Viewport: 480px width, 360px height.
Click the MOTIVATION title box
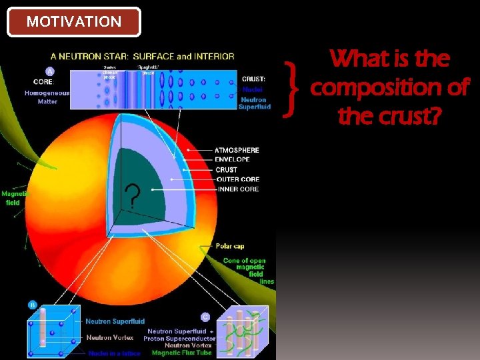[73, 21]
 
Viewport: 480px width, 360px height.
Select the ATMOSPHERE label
[237, 150]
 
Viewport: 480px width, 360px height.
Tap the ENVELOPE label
[233, 160]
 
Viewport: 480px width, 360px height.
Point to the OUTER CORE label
[237, 179]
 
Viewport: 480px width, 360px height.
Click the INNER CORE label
[237, 189]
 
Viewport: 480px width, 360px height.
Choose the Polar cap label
[229, 246]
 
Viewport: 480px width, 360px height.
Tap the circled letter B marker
[32, 305]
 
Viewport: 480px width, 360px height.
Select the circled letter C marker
[205, 317]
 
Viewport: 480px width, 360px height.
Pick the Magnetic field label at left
[13, 198]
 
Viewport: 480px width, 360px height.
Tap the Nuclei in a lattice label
[114, 353]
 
